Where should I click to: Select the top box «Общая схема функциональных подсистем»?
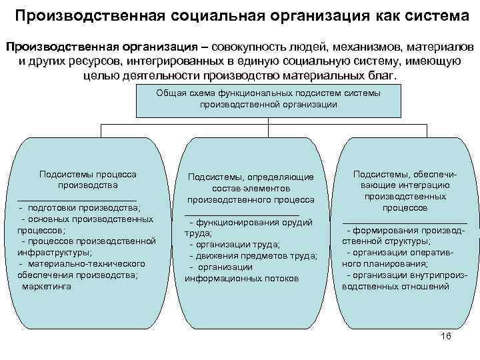coord(268,99)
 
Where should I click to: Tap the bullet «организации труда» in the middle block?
coord(234,244)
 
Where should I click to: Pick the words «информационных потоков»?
coord(242,278)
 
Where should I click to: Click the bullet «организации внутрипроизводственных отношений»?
coord(405,281)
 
